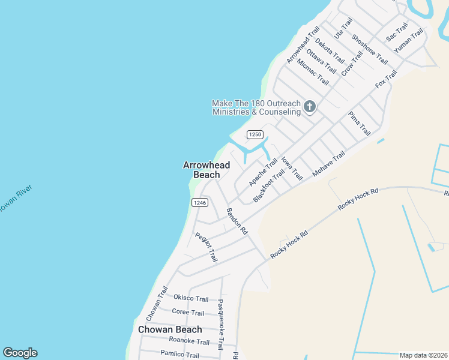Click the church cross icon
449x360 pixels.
point(310,107)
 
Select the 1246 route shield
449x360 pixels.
point(200,203)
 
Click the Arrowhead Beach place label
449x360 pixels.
point(202,170)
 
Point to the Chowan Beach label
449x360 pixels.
point(170,329)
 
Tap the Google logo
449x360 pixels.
point(20,353)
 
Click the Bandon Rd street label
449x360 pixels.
point(237,221)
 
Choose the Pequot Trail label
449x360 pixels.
point(206,247)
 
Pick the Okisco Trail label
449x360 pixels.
point(191,298)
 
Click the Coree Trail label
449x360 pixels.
point(188,312)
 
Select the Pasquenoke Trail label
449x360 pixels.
point(221,325)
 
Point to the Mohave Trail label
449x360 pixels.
point(329,164)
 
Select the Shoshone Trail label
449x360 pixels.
point(369,49)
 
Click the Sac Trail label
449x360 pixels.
point(397,32)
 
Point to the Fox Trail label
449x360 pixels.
point(386,79)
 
